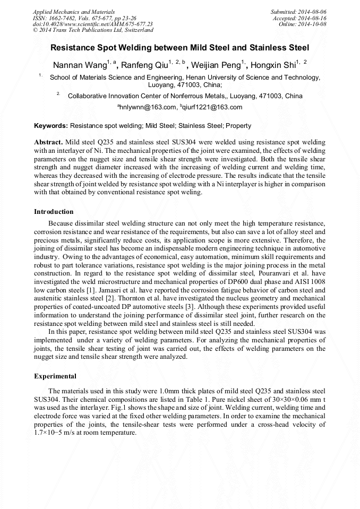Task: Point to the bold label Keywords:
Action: coord(51,126)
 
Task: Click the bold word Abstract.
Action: coord(48,143)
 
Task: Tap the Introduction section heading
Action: coord(54,212)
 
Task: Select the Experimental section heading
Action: coord(55,376)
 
